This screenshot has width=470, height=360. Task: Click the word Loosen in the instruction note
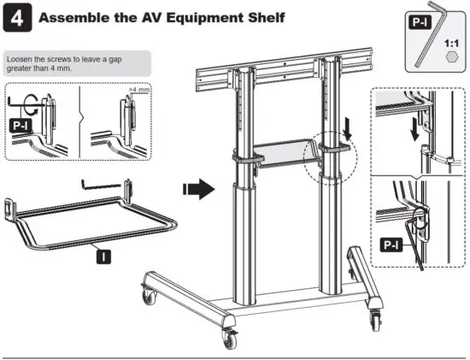coord(22,59)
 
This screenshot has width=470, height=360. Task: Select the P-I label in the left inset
coord(22,125)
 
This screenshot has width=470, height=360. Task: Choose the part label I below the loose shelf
coord(103,256)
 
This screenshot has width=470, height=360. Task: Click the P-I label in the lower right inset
coord(391,245)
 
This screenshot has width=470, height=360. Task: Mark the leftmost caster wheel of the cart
coord(151,297)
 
